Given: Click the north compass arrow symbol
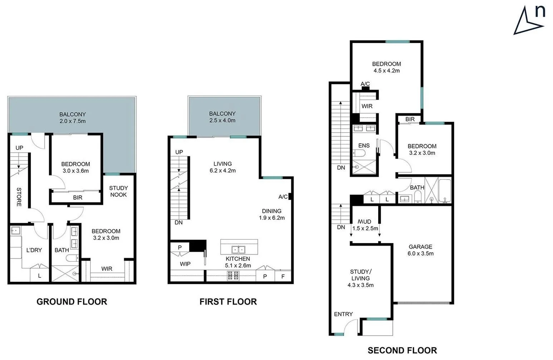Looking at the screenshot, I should coord(528,22).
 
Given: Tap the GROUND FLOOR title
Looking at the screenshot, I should coord(72,302).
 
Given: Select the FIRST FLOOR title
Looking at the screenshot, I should coord(228,302).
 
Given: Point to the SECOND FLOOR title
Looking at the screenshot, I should coord(402,350).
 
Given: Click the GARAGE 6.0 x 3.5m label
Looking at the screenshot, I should coord(420,250).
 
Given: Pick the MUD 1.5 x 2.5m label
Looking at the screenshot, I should coord(365,225).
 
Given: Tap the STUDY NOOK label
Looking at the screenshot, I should coord(118,191).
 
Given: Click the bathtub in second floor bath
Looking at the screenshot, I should coord(444,190).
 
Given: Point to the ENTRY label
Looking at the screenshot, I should coord(343,314).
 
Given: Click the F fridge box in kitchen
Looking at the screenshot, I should coord(283,276).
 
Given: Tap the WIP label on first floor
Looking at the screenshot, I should coord(185,264).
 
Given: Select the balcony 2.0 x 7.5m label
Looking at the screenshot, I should coord(73,118).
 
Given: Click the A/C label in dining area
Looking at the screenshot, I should coord(283,197).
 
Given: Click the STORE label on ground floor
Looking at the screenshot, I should coord(19,197).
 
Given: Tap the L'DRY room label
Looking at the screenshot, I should coord(34,250).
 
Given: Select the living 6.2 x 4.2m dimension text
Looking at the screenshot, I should coord(223,171).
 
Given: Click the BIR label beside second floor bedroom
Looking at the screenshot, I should coord(410,119).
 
